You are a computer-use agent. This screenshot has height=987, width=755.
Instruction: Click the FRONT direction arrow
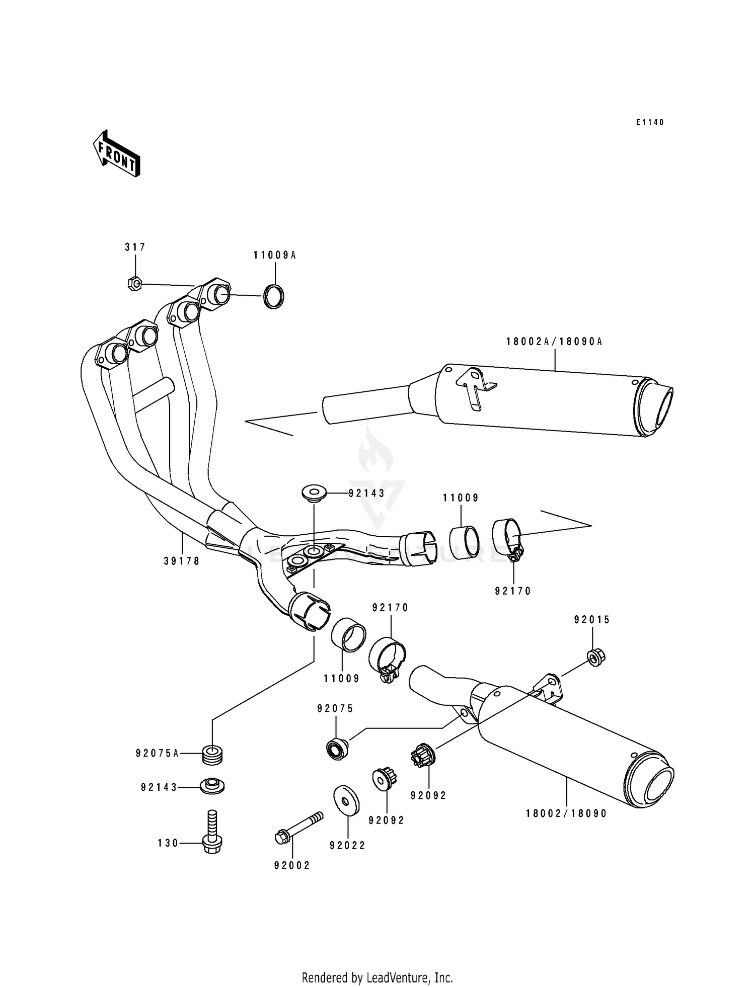pos(116,153)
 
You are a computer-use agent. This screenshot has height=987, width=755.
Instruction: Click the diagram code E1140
pos(650,122)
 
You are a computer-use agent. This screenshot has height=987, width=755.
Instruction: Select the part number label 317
pos(135,247)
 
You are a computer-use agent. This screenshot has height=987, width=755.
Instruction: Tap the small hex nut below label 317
pos(134,284)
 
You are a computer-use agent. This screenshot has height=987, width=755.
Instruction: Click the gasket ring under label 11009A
pos(273,296)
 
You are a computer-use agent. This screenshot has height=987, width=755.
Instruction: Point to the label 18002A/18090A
pos(554,342)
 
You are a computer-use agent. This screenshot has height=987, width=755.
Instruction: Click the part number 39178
pos(182,561)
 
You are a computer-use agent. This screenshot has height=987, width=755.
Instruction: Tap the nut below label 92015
pos(595,657)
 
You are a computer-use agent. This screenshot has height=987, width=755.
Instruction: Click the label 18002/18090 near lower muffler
pos(566,813)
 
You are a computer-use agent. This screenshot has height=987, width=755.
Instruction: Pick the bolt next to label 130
pos(212,833)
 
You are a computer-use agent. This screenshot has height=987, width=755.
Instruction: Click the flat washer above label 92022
pos(347,799)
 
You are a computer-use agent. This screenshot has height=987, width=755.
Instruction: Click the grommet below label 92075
pos(337,749)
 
